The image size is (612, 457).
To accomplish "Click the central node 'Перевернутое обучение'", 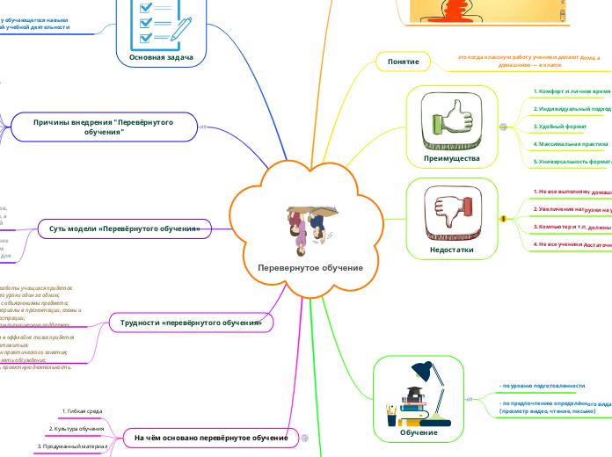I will coord(310,267).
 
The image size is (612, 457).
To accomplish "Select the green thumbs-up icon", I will coord(452,121).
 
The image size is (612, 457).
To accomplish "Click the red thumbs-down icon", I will coord(450,212).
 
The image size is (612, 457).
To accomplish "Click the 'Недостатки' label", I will coord(451,250).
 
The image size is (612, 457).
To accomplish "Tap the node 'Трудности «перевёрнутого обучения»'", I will coord(191,323).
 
